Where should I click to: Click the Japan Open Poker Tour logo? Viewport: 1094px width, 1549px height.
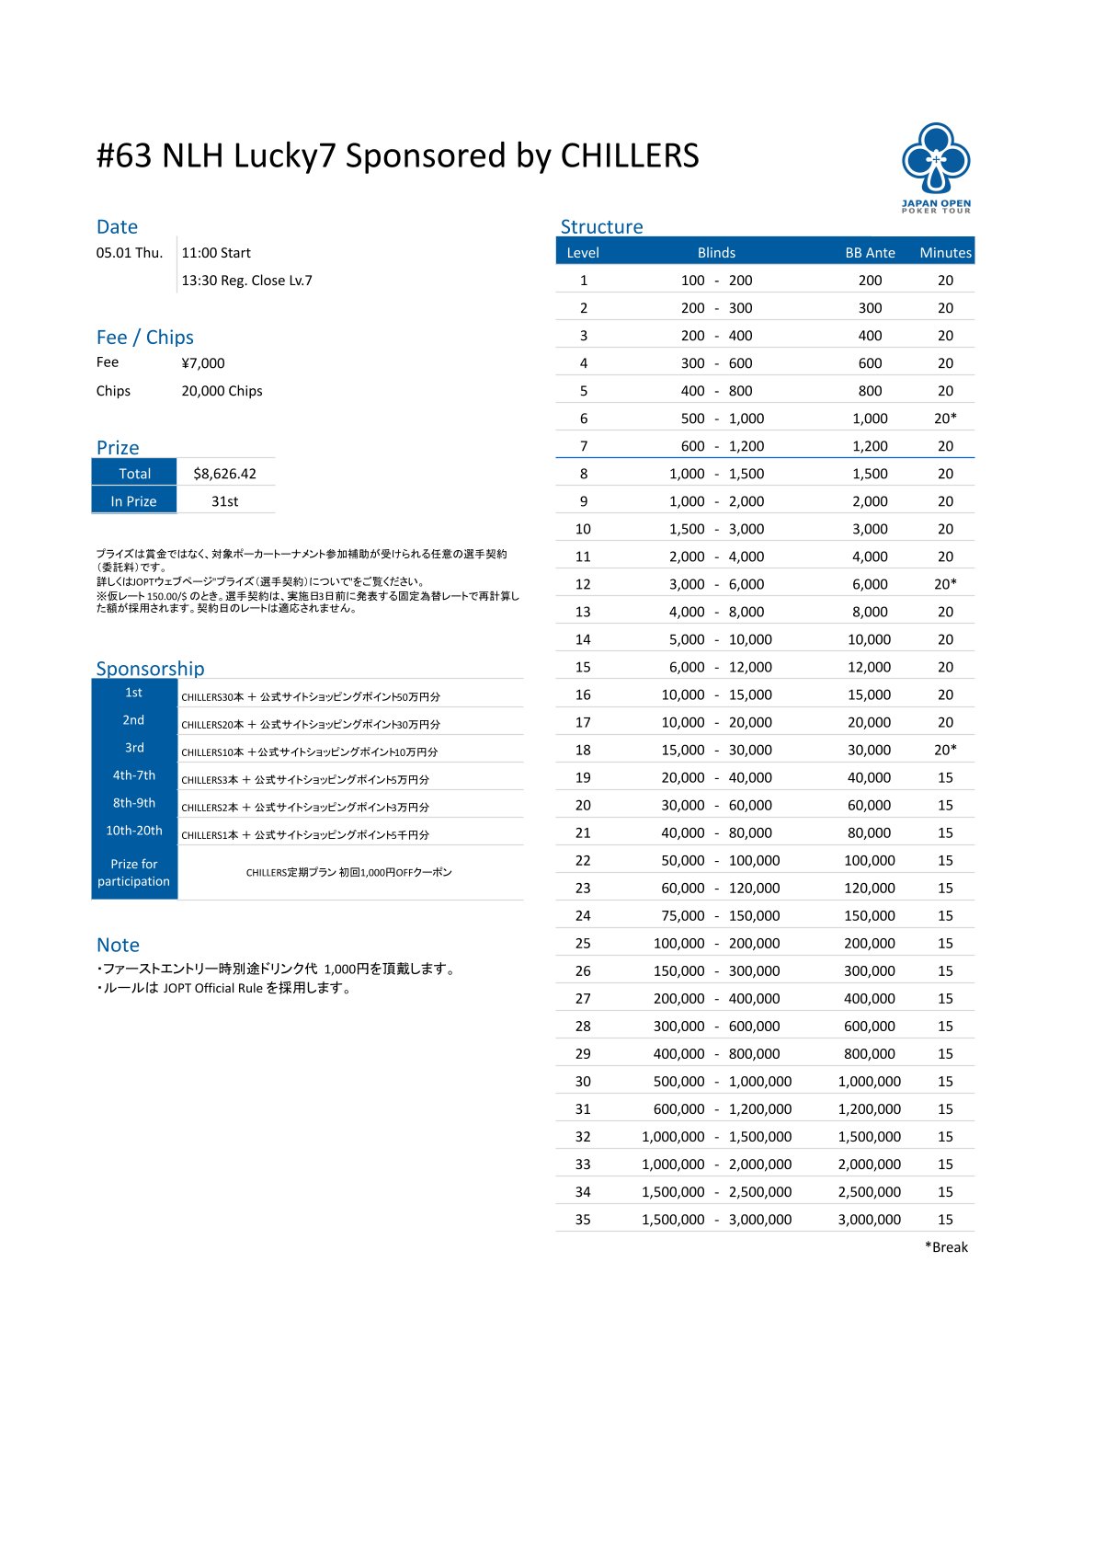point(936,166)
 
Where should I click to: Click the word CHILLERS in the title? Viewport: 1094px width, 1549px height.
point(630,156)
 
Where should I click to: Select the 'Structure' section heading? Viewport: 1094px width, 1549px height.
point(601,226)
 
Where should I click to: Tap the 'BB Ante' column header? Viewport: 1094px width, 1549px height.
point(870,252)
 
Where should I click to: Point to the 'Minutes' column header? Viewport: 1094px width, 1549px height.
point(945,252)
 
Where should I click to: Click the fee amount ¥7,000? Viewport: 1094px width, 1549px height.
point(203,363)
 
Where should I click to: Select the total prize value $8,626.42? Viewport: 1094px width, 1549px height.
point(224,474)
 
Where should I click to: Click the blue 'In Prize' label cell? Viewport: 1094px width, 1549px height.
point(134,501)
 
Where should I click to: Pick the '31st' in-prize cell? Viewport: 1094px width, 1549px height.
point(224,501)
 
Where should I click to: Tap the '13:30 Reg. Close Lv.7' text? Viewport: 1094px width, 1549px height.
point(246,281)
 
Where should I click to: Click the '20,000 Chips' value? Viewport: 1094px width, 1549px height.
point(222,391)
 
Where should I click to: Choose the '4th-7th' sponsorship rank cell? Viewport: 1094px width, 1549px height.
point(134,775)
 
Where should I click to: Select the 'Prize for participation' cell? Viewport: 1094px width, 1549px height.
point(134,872)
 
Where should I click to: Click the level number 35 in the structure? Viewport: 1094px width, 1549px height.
point(583,1220)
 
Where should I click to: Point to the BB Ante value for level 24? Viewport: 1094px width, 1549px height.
point(870,916)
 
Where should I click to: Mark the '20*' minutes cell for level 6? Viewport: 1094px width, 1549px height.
point(945,419)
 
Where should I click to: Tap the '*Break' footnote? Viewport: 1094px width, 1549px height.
point(946,1247)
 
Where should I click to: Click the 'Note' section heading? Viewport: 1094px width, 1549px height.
point(118,945)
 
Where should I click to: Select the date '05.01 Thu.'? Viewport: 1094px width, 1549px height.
point(130,253)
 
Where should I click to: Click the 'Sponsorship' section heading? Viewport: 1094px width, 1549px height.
point(150,668)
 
